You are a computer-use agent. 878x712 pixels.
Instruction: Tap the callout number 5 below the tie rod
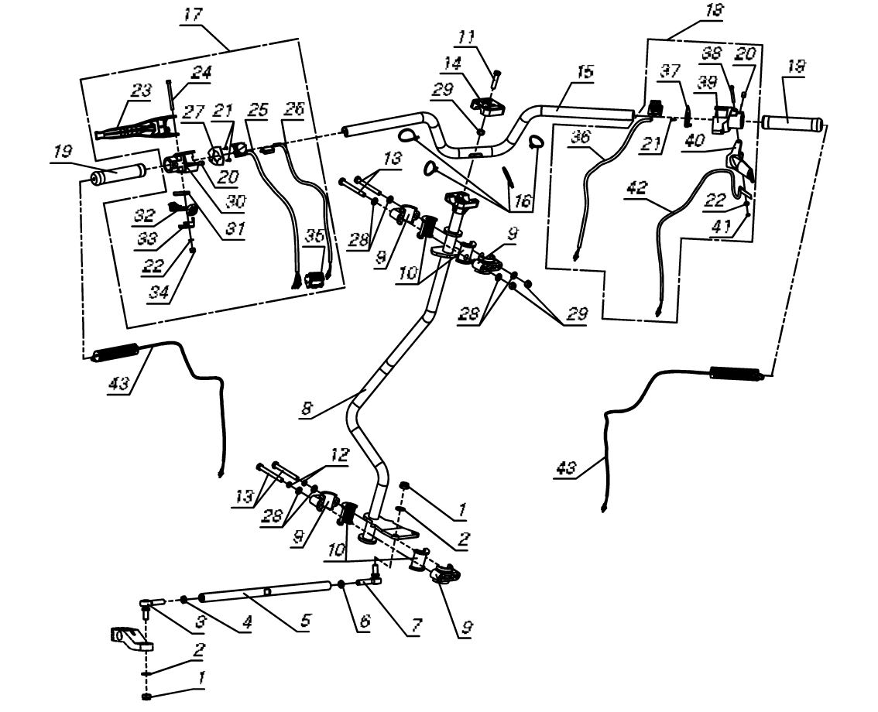tap(304, 620)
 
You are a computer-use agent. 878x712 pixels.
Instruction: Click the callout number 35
tap(314, 235)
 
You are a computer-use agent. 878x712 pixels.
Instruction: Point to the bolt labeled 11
tap(495, 76)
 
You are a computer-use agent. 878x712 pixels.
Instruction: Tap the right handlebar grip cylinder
tap(793, 122)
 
